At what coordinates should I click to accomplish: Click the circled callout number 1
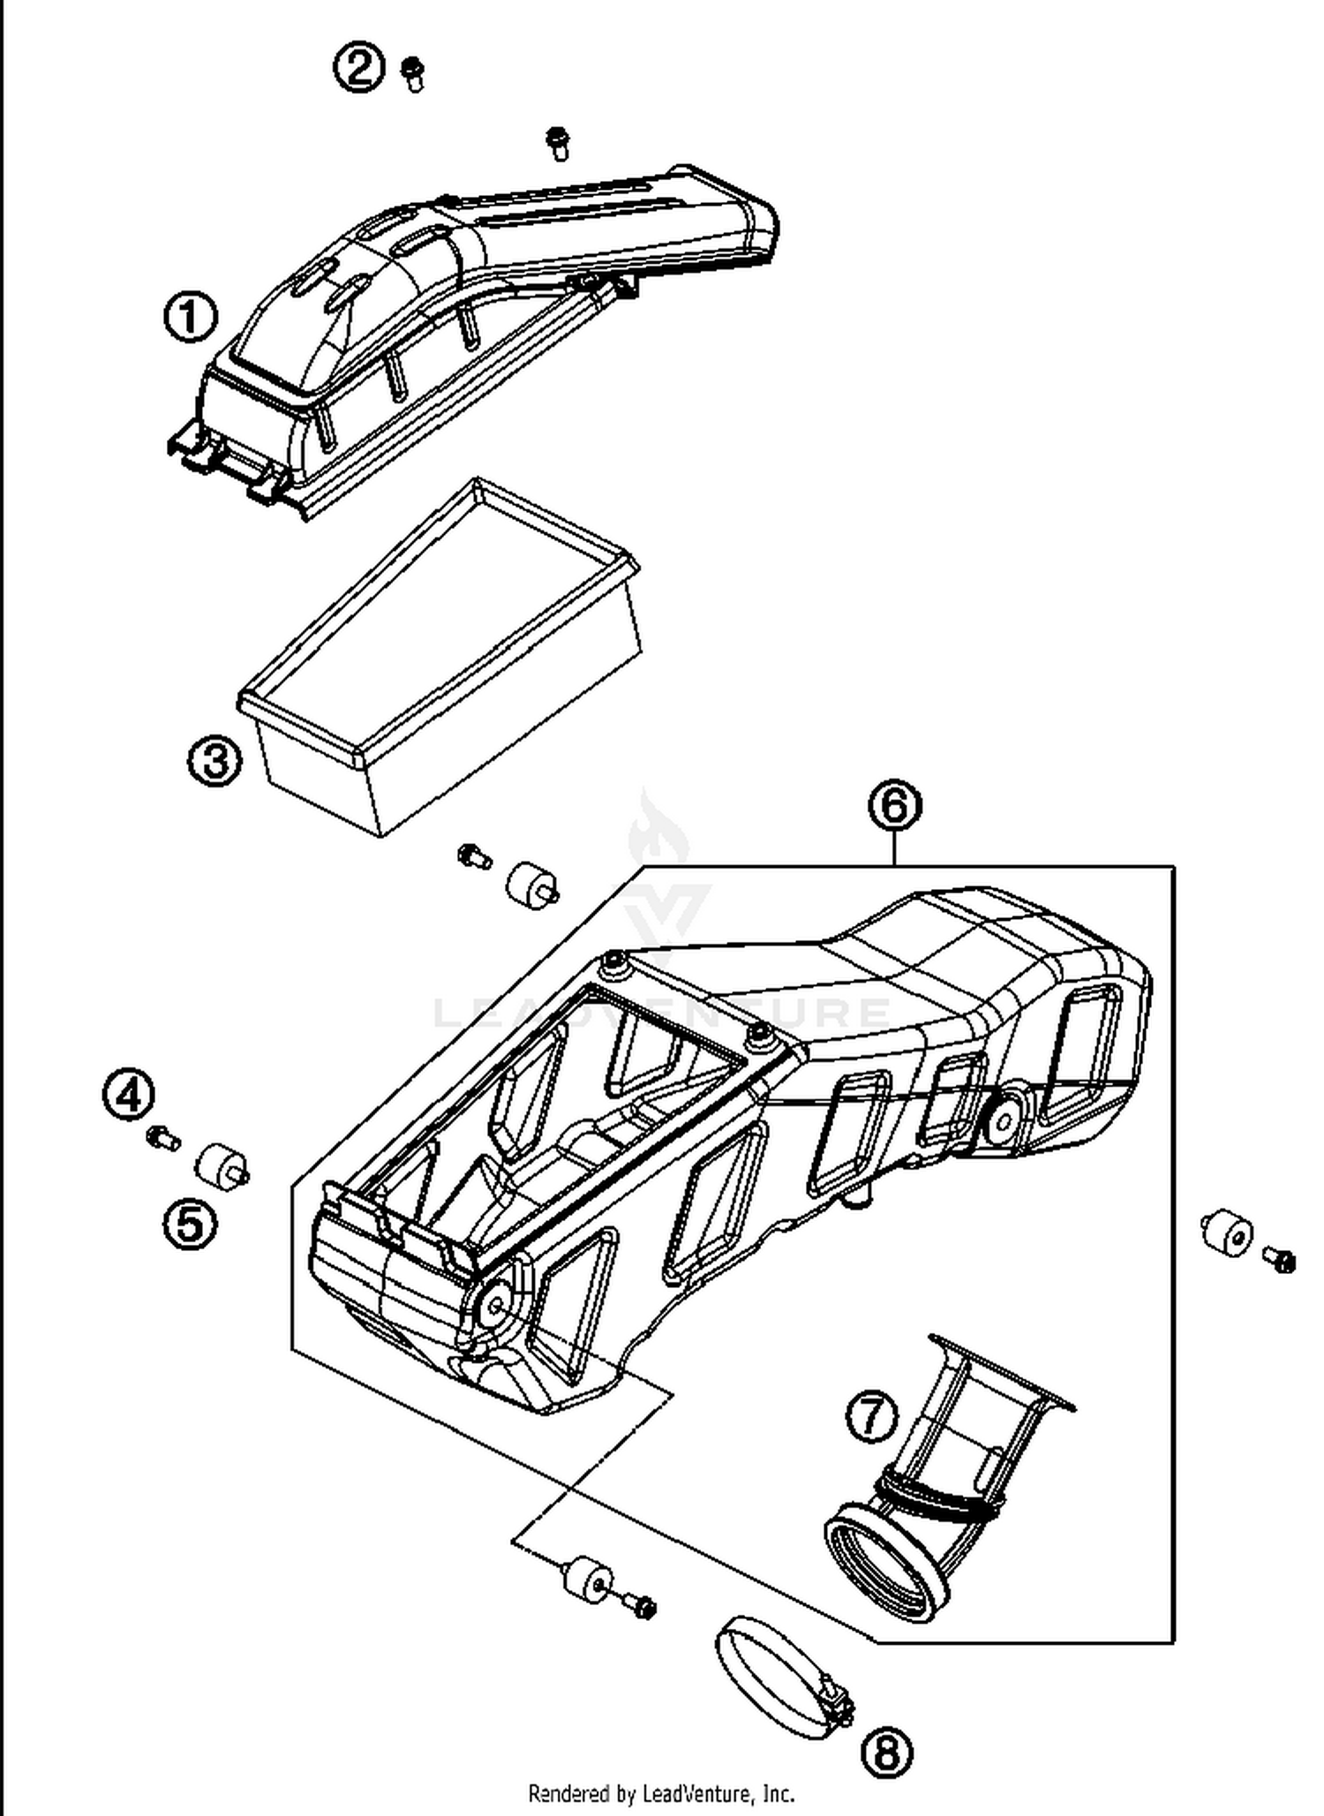click(191, 318)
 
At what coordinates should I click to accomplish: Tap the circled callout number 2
click(358, 67)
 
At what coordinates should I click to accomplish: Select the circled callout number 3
click(214, 760)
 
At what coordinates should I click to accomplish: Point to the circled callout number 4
click(129, 1096)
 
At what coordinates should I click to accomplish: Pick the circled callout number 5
click(190, 1225)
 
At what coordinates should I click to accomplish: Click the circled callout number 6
click(894, 805)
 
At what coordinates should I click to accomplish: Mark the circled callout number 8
click(886, 1752)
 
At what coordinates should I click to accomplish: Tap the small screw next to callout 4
click(163, 1140)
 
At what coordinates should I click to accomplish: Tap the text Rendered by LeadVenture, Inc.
click(661, 1793)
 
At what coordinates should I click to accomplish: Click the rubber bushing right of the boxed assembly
click(1228, 1234)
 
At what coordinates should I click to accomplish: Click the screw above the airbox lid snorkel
click(557, 142)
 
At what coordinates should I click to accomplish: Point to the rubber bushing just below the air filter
click(531, 883)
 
